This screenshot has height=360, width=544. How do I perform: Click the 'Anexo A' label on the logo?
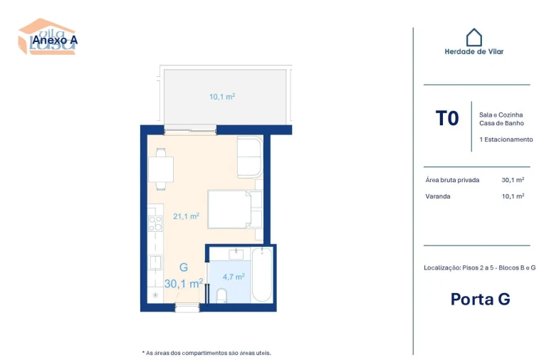[54, 41]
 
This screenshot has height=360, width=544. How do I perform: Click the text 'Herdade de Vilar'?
[474, 51]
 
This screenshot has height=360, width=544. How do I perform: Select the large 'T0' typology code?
[447, 118]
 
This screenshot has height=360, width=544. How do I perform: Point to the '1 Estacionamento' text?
[506, 139]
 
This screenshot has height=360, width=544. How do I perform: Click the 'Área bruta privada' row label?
[452, 180]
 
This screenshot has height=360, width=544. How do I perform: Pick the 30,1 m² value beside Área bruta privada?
[513, 180]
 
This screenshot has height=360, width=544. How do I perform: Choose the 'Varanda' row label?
[437, 196]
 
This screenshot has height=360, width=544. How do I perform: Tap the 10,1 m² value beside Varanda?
[513, 196]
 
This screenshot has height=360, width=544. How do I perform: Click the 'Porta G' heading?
[480, 299]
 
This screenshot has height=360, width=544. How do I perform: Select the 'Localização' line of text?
[479, 268]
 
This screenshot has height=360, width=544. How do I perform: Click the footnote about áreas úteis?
[206, 352]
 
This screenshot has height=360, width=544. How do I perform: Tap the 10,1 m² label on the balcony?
[222, 97]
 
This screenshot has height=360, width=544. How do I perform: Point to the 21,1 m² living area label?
[186, 216]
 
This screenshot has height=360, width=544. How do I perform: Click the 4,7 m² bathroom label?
[234, 276]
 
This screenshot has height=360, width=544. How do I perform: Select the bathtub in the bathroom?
[261, 275]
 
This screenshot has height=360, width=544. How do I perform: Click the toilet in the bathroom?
[221, 295]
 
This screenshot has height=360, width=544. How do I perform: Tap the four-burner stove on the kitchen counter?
[155, 223]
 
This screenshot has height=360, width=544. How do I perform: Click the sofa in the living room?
[249, 157]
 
